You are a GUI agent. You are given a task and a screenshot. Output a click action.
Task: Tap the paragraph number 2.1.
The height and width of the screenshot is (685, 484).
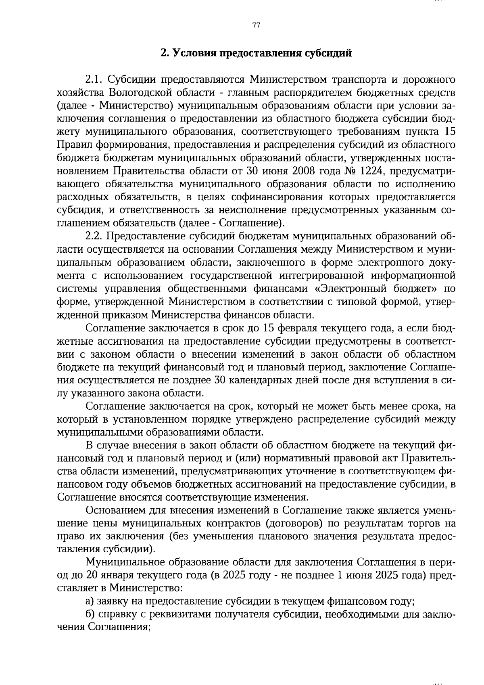coord(95,79)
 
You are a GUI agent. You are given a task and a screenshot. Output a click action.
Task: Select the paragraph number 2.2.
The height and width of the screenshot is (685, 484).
coord(95,236)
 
